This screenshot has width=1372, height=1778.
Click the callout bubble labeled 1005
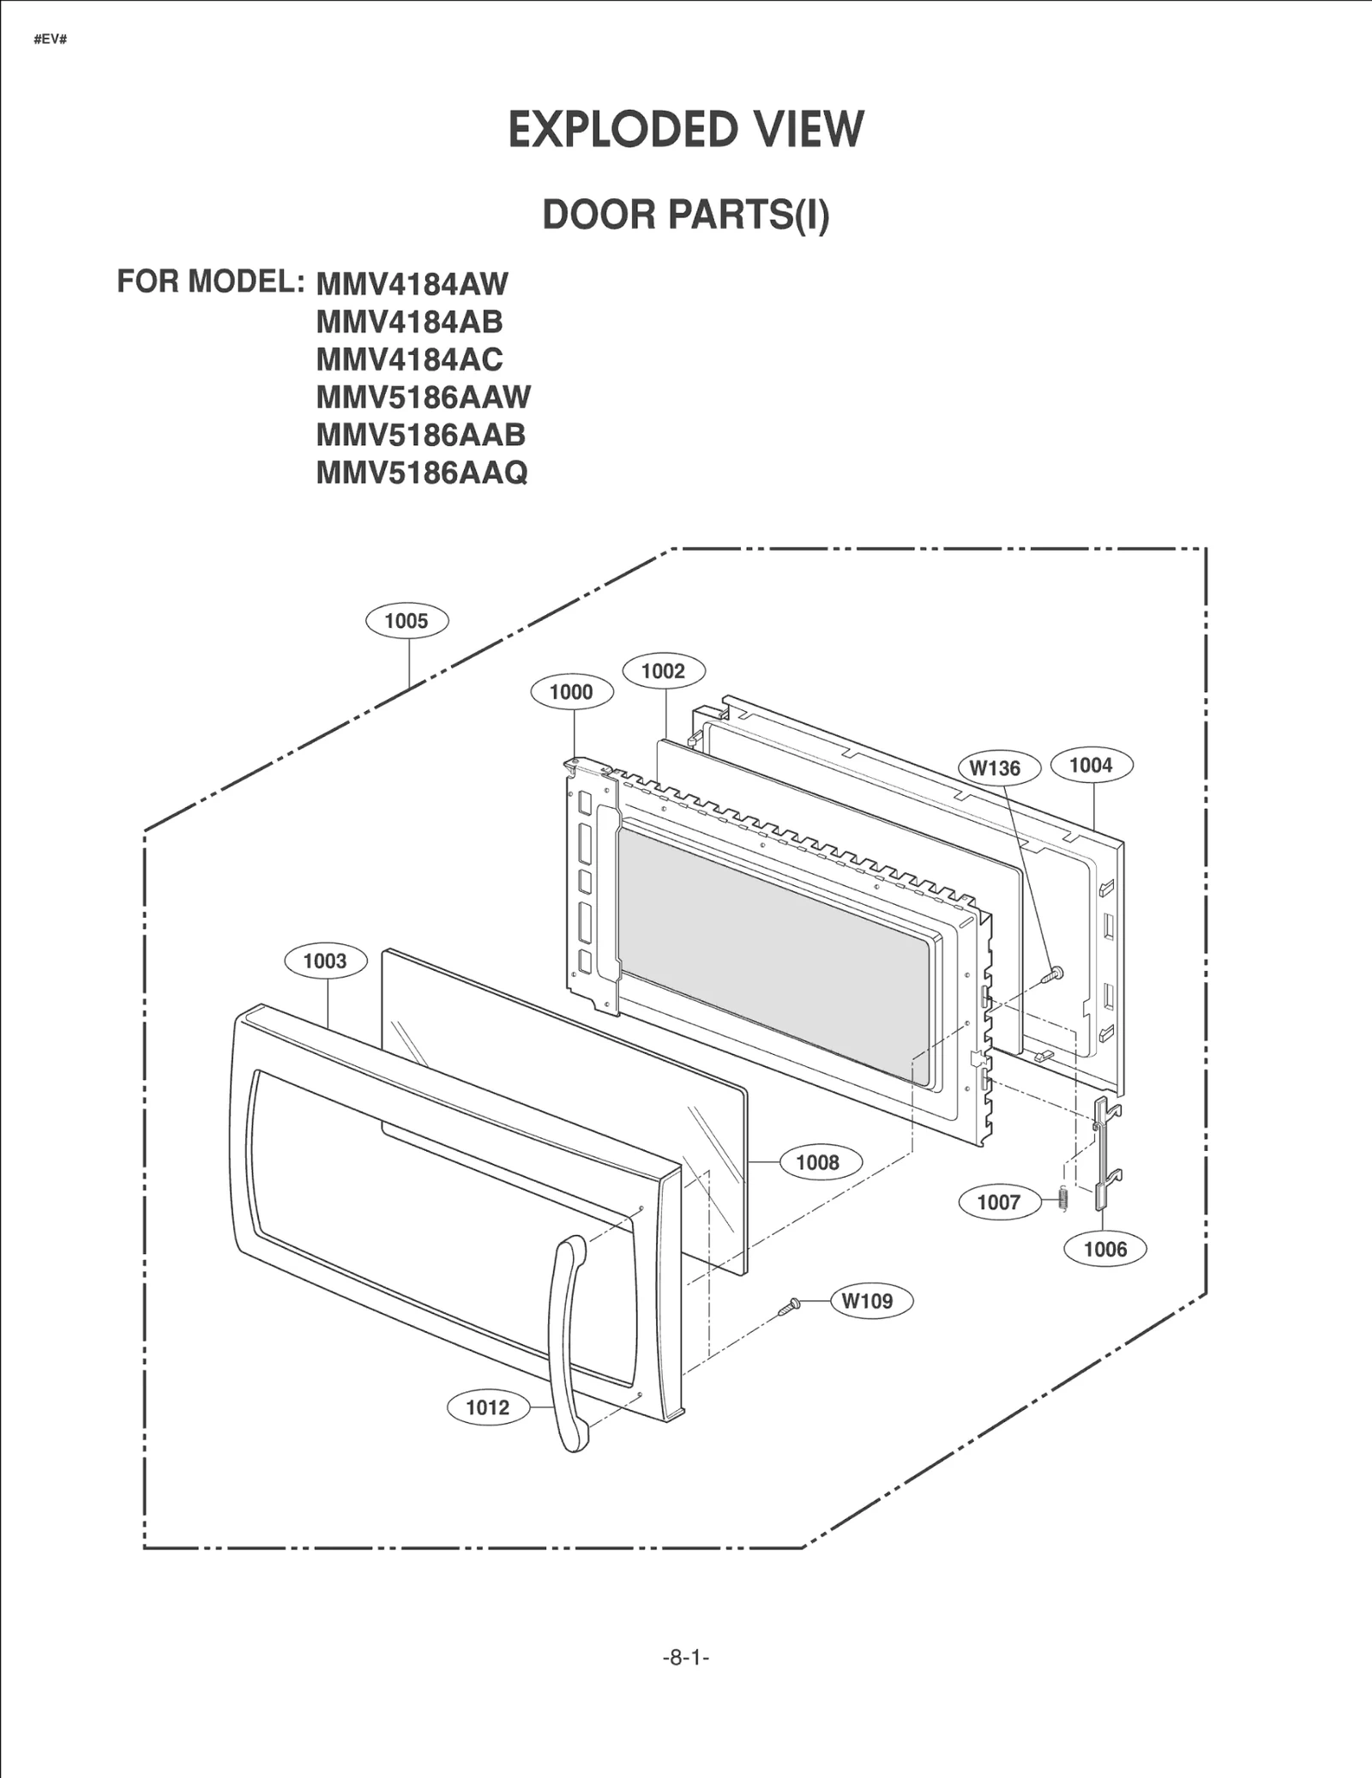(406, 621)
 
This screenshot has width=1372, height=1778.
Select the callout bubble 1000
(572, 692)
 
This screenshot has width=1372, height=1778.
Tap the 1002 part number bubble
(664, 671)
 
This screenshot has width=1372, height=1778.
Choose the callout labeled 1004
(1091, 765)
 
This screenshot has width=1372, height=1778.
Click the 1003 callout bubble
(325, 961)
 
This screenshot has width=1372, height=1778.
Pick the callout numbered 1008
(817, 1162)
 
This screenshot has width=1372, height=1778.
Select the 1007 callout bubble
(998, 1202)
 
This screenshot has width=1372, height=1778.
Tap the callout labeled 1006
(1104, 1249)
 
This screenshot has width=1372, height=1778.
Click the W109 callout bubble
(867, 1301)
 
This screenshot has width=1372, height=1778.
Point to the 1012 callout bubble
(487, 1407)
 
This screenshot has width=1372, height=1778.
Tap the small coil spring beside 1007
(1062, 1198)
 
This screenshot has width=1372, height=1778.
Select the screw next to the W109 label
(789, 1307)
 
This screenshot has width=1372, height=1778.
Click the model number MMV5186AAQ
(422, 473)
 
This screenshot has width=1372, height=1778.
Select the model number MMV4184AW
(412, 284)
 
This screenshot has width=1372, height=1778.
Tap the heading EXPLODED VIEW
(686, 130)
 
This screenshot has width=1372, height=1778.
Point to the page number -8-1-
(686, 1658)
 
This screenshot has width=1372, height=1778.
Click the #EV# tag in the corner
(51, 40)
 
